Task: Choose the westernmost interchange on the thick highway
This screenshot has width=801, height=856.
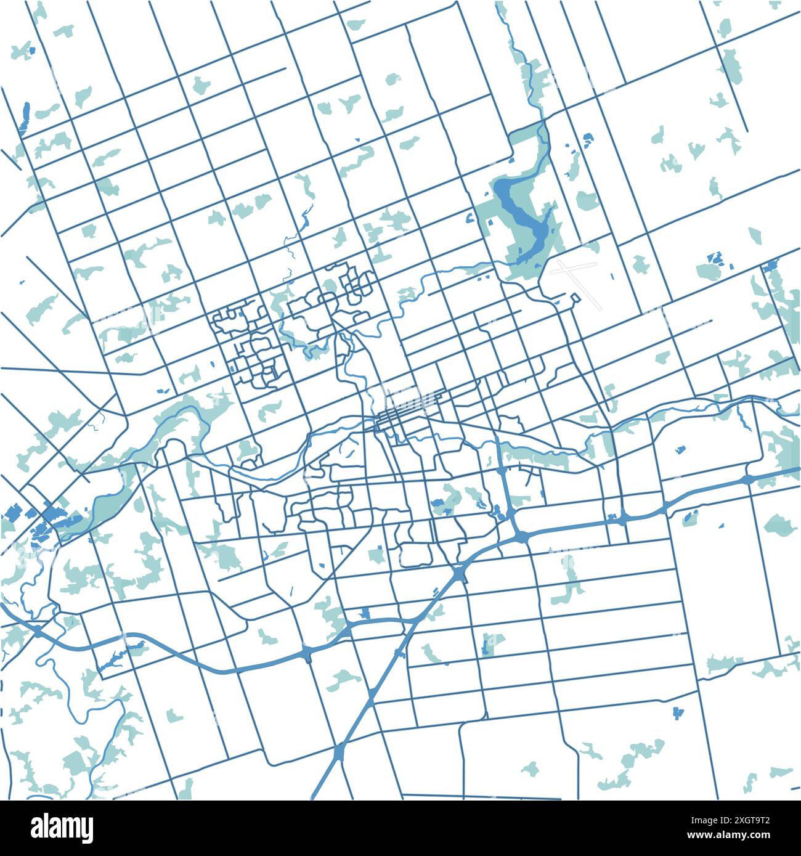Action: pos(38,630)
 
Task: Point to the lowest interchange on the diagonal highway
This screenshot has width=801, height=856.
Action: pos(340,751)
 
